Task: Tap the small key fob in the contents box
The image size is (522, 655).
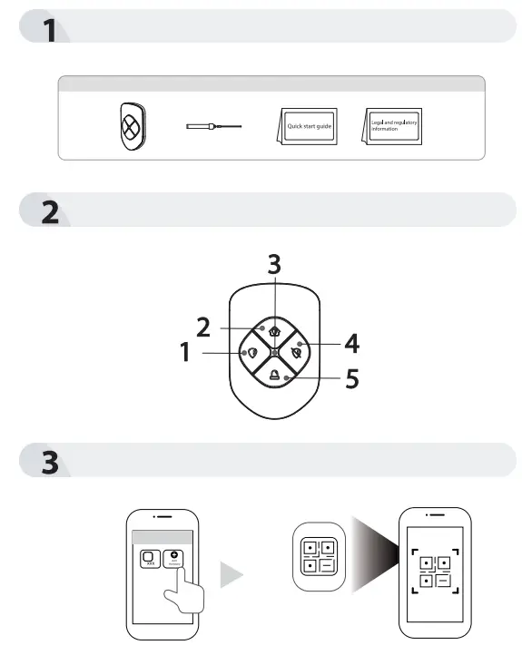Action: pyautogui.click(x=131, y=127)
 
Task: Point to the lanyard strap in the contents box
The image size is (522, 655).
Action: pyautogui.click(x=214, y=128)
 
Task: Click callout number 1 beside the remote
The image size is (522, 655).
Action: pyautogui.click(x=185, y=352)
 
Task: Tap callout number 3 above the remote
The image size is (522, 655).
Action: pyautogui.click(x=273, y=266)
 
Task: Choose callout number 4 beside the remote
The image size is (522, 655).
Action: pyautogui.click(x=350, y=344)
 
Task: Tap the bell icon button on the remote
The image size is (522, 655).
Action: pyautogui.click(x=274, y=372)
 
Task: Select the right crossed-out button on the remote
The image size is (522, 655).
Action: pyautogui.click(x=297, y=352)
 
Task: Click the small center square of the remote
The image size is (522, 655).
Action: pyautogui.click(x=274, y=352)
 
